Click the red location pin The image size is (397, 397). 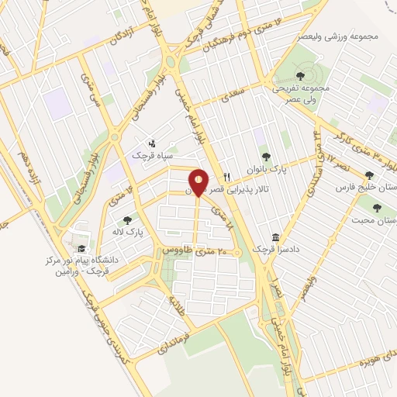(x=198, y=183)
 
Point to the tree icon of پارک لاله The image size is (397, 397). (x=127, y=220)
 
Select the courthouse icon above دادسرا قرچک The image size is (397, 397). (x=275, y=236)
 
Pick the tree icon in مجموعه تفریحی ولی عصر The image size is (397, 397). (x=300, y=75)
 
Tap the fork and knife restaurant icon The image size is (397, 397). (x=227, y=176)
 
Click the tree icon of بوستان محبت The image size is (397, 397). (x=377, y=208)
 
